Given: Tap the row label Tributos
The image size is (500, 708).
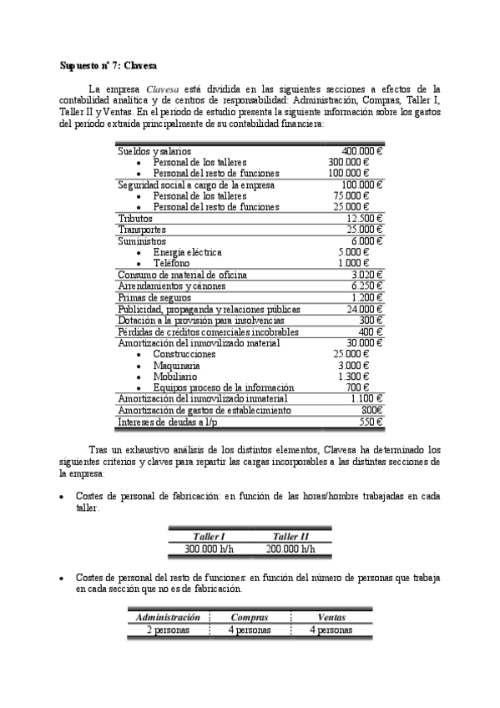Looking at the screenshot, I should pyautogui.click(x=135, y=218).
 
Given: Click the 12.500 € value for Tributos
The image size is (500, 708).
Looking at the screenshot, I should pyautogui.click(x=363, y=218).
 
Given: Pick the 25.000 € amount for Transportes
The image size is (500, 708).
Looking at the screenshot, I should pyautogui.click(x=363, y=230).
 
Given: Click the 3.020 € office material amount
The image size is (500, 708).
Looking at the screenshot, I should pyautogui.click(x=366, y=275).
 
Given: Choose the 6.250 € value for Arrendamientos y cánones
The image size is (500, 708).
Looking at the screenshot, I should pyautogui.click(x=366, y=286).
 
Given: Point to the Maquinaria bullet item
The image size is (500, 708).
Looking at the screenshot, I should pyautogui.click(x=176, y=365).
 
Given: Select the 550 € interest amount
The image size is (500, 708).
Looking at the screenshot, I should pyautogui.click(x=370, y=422).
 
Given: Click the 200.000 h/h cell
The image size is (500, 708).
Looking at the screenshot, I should pyautogui.click(x=290, y=549).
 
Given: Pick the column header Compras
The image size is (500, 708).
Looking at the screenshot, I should pyautogui.click(x=249, y=618).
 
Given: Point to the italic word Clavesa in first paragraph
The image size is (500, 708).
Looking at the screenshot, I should pyautogui.click(x=163, y=88).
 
